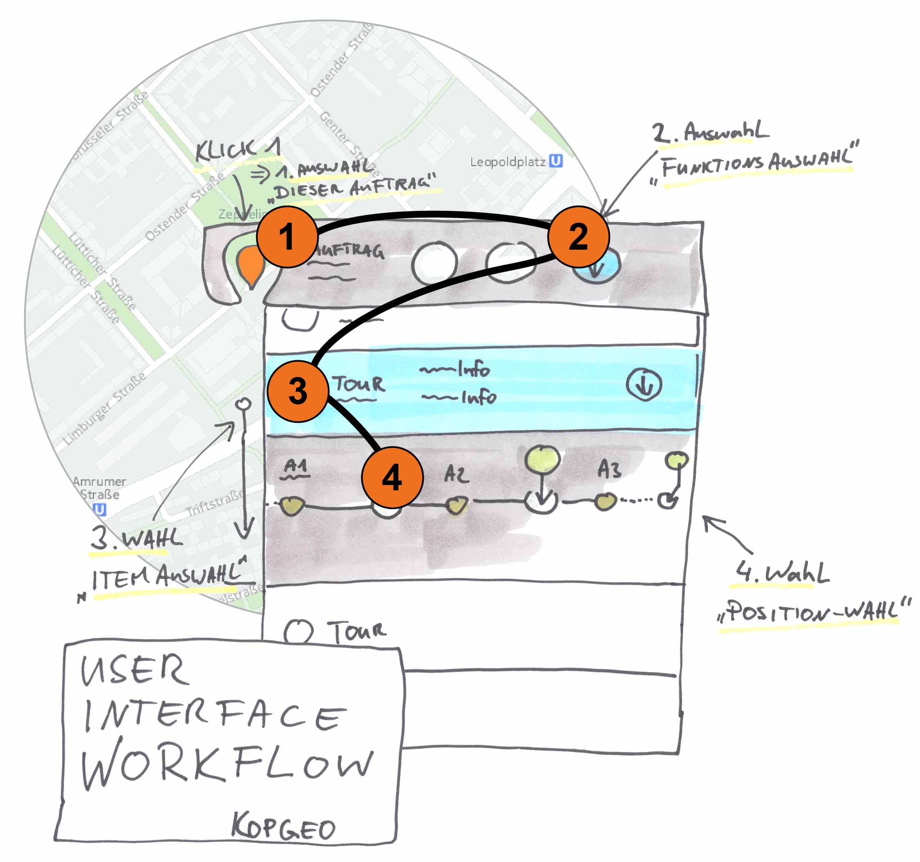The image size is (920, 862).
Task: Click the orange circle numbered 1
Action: [287, 237]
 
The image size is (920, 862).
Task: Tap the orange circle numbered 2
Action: [578, 237]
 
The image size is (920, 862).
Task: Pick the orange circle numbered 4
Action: [392, 477]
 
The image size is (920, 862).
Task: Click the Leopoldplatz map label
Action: [508, 162]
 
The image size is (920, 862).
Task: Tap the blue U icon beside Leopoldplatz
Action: [556, 161]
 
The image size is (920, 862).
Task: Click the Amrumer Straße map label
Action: [99, 488]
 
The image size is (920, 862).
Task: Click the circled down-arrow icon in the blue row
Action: [644, 385]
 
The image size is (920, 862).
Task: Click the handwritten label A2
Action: [456, 474]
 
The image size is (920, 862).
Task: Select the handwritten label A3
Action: [609, 469]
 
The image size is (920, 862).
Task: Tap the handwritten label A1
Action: [295, 466]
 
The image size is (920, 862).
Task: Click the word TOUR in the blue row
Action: [359, 384]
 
